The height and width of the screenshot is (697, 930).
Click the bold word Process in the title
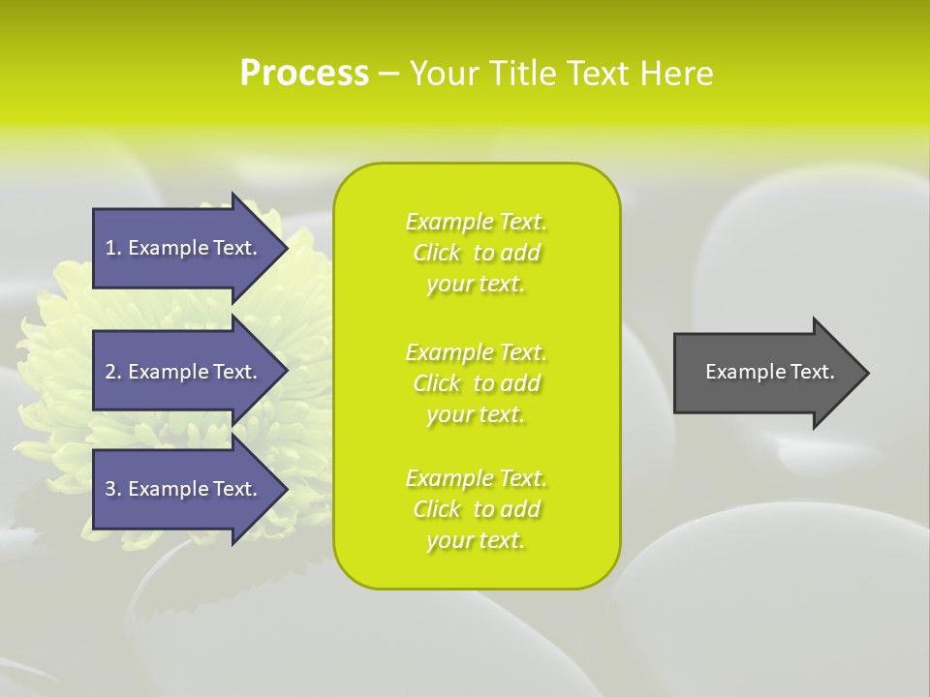[304, 74]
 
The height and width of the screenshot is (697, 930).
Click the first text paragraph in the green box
[476, 253]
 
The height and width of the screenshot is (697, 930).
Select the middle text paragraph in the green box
[476, 383]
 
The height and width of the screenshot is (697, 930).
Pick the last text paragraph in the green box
[476, 509]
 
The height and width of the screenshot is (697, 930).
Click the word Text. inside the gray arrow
[811, 372]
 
